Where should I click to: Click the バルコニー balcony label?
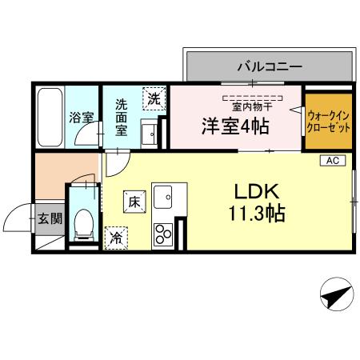pyautogui.click(x=256, y=66)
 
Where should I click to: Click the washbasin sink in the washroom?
pyautogui.click(x=149, y=134)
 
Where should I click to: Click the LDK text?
pyautogui.click(x=257, y=192)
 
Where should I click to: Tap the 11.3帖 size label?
pyautogui.click(x=257, y=214)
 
